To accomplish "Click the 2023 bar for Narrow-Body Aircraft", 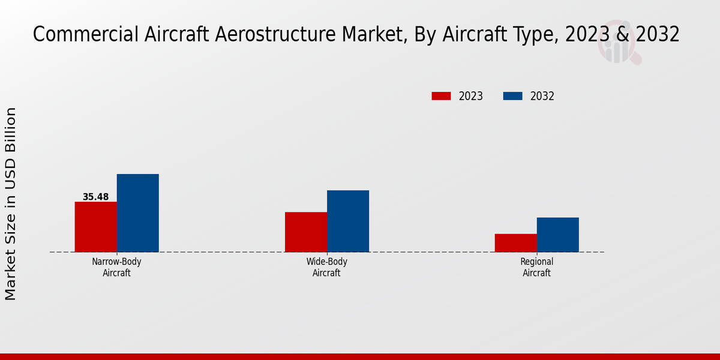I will click(96, 227).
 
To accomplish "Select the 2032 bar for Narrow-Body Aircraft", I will click(138, 213).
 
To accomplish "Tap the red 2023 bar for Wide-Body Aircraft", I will click(306, 232).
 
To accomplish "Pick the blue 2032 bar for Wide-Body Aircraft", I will click(348, 221).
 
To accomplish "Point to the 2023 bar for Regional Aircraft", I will click(516, 243).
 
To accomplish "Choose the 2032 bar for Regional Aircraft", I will click(558, 235).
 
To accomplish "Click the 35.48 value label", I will click(96, 197).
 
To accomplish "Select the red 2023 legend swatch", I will click(441, 96).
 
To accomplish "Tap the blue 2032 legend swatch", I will click(513, 96).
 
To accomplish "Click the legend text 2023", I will click(471, 96).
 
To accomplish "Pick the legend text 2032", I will click(542, 96).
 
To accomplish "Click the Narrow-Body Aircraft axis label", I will click(116, 267).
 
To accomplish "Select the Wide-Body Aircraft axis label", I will click(326, 267).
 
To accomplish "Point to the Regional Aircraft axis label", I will click(536, 267).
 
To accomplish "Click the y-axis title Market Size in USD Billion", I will click(11, 204).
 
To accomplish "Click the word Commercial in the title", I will click(85, 35).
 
